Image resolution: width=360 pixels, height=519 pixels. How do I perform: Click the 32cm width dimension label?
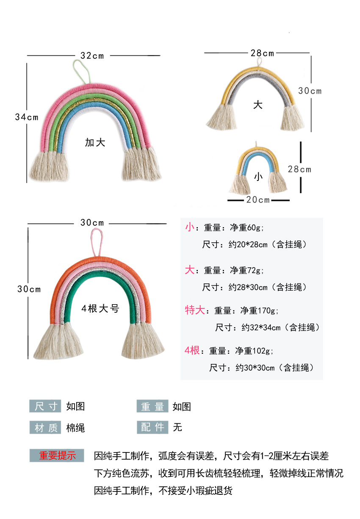92,56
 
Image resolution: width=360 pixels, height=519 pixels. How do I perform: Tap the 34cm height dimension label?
27,117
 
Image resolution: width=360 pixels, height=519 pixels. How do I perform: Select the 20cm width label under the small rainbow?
258,200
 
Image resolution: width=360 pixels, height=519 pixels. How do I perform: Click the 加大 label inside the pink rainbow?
95,143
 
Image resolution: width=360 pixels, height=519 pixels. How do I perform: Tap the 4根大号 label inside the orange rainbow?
100,309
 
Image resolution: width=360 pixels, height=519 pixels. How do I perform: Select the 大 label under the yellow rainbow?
258,105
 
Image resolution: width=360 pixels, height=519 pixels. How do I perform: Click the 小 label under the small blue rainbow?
258,177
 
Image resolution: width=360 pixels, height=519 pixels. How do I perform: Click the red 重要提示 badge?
57,456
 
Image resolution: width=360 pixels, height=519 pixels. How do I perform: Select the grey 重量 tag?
152,406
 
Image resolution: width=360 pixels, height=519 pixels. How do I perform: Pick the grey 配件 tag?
152,427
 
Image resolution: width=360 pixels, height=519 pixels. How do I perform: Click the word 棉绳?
75,428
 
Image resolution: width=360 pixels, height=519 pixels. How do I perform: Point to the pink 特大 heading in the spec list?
194,310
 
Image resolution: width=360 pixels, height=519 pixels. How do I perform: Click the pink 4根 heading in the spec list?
192,350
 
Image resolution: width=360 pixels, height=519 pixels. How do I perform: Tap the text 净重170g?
259,311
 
